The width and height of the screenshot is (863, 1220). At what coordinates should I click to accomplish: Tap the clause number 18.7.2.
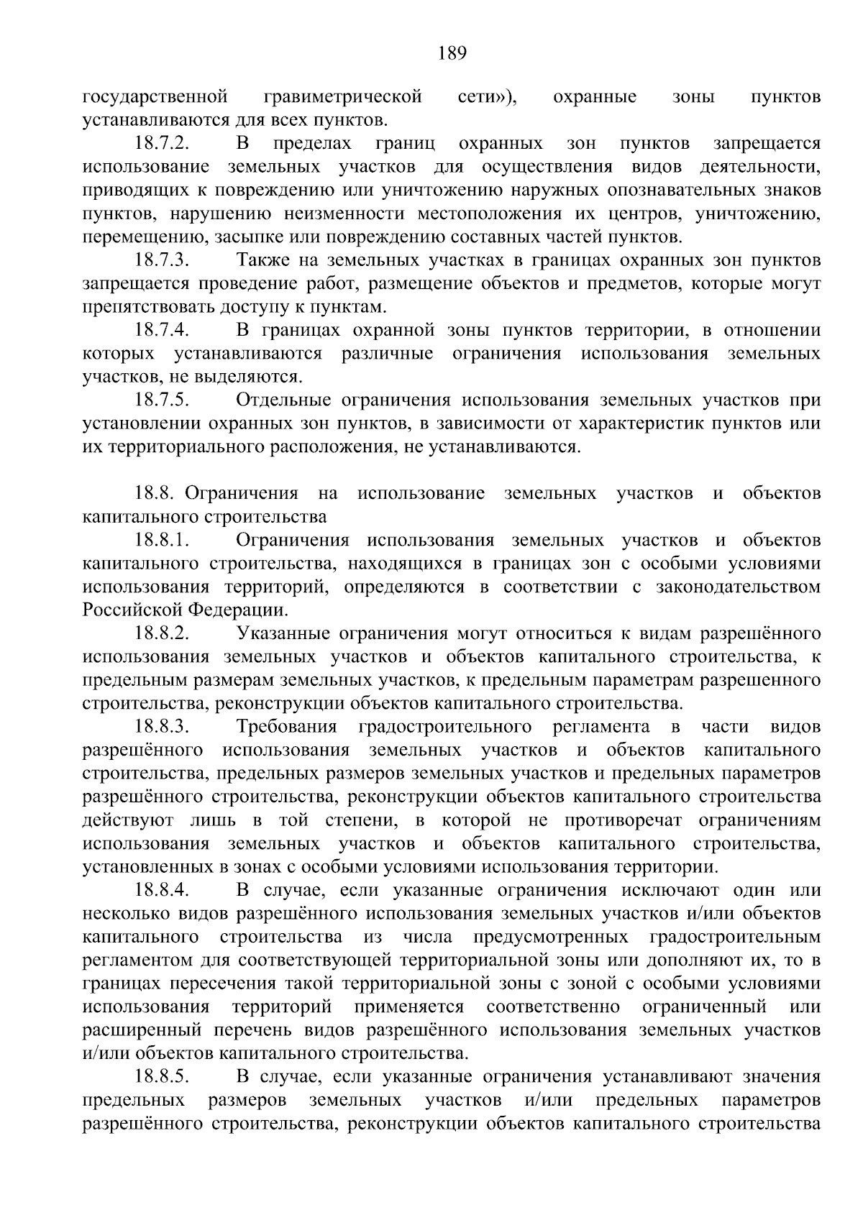[162, 144]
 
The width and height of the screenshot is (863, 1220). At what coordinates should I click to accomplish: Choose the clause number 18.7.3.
[162, 260]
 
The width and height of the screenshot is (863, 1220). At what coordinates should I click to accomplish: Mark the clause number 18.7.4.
[162, 331]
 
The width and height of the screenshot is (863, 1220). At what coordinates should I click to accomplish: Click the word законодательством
[738, 587]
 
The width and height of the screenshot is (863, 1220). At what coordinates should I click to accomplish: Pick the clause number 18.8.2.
[162, 634]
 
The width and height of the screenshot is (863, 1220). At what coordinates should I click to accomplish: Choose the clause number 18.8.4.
[162, 891]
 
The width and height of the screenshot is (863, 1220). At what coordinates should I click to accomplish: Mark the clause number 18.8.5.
[162, 1077]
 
